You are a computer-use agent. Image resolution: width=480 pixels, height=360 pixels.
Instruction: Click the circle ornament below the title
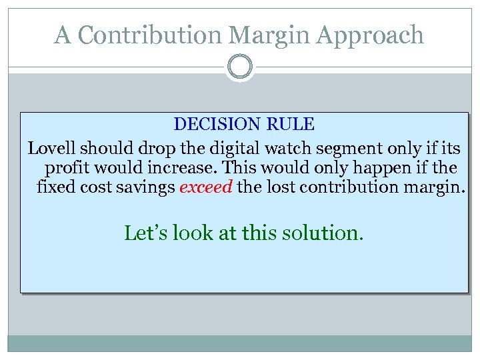click(x=240, y=67)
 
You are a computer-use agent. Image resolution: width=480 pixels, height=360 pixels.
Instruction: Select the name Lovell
click(x=53, y=146)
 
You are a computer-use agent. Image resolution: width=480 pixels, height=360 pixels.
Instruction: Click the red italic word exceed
click(x=206, y=187)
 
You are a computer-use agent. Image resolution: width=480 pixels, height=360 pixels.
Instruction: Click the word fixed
click(x=55, y=187)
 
